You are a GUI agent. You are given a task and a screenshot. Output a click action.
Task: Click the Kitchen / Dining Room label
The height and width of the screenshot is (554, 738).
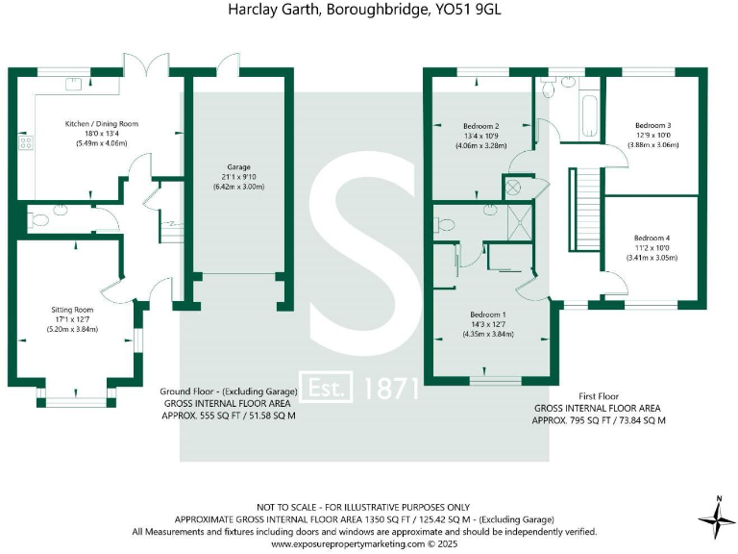pos(102,124)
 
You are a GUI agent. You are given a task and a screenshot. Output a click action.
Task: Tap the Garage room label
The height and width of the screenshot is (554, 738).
pos(238,167)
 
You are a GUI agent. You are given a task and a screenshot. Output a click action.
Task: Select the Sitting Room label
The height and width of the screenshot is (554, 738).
pos(72,310)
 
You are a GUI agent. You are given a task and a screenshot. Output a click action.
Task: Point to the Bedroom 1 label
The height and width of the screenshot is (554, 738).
pos(488,315)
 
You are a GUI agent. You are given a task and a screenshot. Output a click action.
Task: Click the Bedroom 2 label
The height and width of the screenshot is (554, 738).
pos(481,126)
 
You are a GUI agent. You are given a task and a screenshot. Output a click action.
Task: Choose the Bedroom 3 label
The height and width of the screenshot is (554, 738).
pos(653,125)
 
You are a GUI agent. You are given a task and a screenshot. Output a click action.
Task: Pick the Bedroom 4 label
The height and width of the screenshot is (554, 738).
pos(652,238)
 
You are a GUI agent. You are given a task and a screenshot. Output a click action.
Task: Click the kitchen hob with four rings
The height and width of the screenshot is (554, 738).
pos(25,142)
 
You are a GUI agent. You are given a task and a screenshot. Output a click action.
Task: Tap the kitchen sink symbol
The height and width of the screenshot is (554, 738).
pos(73,84)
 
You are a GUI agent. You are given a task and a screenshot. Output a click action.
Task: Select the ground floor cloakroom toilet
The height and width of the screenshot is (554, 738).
pos(38,220)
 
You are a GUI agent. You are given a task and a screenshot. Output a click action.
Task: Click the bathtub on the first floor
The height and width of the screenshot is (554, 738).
pos(589,115)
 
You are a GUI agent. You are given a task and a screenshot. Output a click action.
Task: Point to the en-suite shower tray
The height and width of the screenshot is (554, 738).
pos(520,223)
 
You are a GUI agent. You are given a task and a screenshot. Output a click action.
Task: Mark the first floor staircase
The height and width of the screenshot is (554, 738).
pos(586,209)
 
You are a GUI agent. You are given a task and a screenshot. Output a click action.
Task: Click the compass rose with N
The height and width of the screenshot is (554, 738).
pos(718,518)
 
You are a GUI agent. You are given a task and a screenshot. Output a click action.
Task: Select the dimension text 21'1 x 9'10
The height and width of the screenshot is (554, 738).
pos(238,177)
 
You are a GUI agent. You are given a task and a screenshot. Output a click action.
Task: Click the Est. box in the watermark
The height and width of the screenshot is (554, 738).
pos(326,387)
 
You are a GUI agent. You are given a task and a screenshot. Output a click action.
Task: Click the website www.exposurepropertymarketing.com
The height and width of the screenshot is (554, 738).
pos(348,544)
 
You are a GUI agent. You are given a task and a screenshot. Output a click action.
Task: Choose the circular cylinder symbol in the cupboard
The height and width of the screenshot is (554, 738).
pos(512,188)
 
